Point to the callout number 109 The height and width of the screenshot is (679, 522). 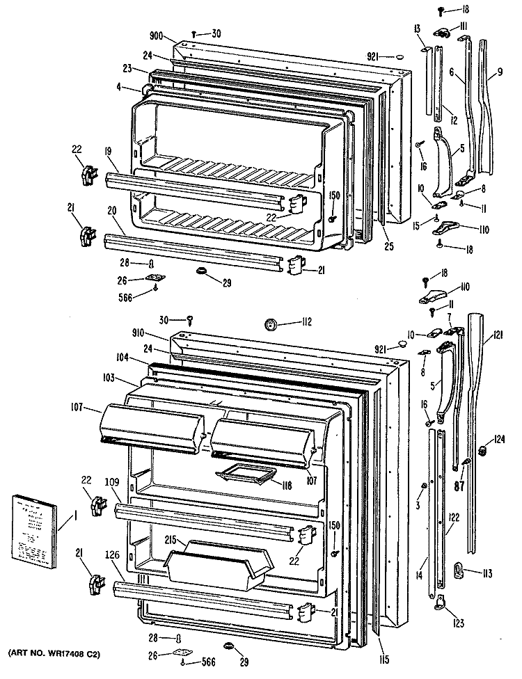pyautogui.click(x=112, y=481)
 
